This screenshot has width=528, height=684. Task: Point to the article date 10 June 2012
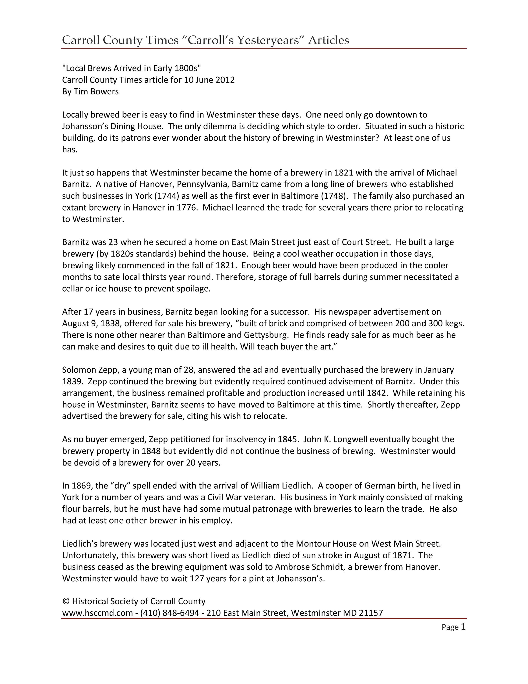pyautogui.click(x=209, y=80)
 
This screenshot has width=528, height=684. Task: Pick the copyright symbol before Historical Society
pyautogui.click(x=66, y=601)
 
